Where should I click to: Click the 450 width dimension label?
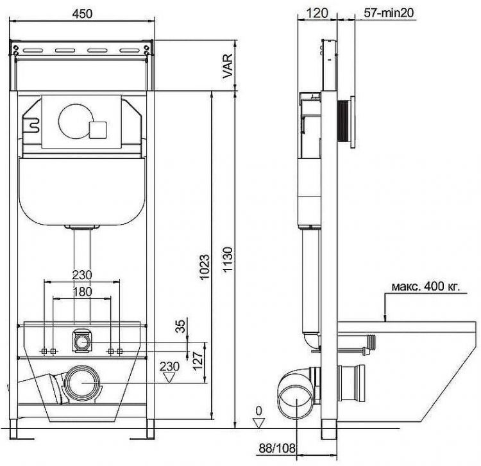82,13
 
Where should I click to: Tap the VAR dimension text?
228,66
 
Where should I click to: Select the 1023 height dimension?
205,267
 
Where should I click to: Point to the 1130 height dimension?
228,260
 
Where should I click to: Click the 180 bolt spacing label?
82,291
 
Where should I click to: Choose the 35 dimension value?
180,326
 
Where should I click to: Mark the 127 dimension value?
198,360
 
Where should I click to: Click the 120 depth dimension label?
317,13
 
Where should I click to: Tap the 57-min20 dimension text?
389,13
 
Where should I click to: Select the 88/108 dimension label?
276,448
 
